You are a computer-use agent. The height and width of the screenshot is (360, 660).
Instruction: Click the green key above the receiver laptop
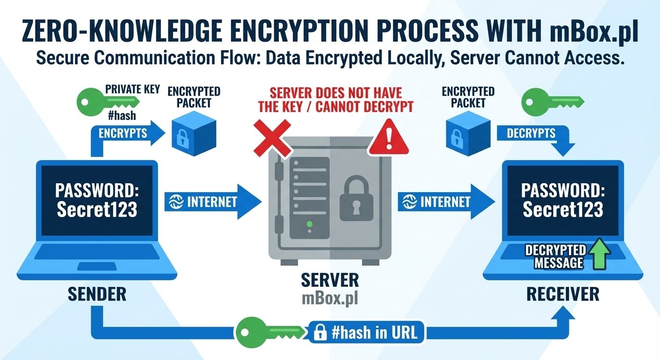pyautogui.click(x=553, y=101)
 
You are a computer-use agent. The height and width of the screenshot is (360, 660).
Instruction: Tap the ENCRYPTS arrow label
pyautogui.click(x=123, y=133)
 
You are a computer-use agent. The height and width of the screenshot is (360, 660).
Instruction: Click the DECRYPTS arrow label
pyautogui.click(x=531, y=133)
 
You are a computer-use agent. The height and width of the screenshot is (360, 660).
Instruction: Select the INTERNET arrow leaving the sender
pyautogui.click(x=211, y=202)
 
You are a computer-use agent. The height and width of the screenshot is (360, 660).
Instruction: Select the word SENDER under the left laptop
pyautogui.click(x=97, y=294)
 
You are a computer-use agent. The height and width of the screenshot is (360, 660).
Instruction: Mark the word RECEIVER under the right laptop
pyautogui.click(x=562, y=294)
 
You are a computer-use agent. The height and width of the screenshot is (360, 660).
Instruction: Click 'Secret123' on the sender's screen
pyautogui.click(x=97, y=210)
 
